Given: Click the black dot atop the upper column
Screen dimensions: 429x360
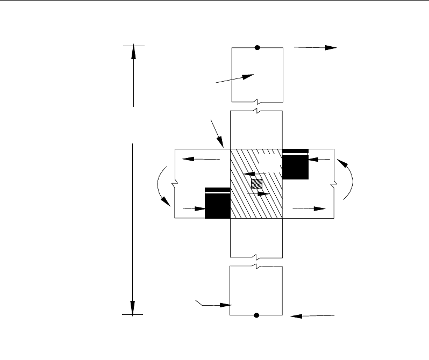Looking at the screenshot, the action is [258, 48].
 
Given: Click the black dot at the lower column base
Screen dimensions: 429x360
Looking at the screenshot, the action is [256, 315].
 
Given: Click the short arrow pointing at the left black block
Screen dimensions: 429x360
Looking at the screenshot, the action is [193, 208].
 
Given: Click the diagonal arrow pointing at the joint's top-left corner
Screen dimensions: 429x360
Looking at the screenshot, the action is [218, 134].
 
